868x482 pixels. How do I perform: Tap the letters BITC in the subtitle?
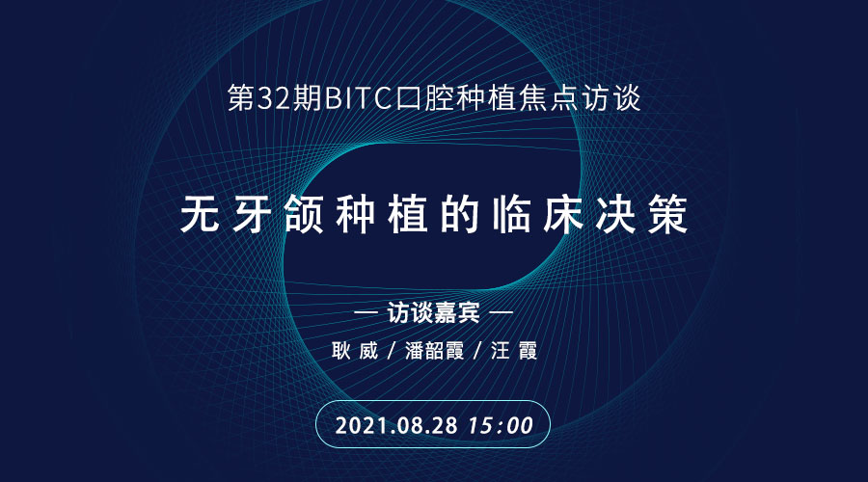pyautogui.click(x=358, y=98)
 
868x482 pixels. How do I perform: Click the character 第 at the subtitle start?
pyautogui.click(x=242, y=98)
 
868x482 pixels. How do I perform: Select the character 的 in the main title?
pyautogui.click(x=459, y=214)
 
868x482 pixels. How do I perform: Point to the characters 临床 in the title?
pyautogui.click(x=538, y=214)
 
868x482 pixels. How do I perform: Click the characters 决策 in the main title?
pyautogui.click(x=642, y=214)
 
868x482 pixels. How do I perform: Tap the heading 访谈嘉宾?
pyautogui.click(x=433, y=312)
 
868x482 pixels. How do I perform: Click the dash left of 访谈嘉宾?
pyautogui.click(x=366, y=312)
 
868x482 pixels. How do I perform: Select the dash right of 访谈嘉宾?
pyautogui.click(x=502, y=312)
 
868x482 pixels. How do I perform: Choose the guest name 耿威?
pyautogui.click(x=355, y=351)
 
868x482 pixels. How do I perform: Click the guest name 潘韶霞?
pyautogui.click(x=435, y=351)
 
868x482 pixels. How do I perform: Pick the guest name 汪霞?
pyautogui.click(x=514, y=351)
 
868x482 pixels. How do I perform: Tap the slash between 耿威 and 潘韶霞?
pyautogui.click(x=392, y=351)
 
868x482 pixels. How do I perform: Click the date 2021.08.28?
pyautogui.click(x=396, y=425)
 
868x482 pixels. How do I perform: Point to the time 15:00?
pyautogui.click(x=501, y=425)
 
